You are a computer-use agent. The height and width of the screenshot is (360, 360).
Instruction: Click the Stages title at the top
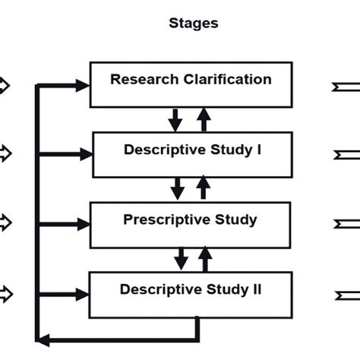193,24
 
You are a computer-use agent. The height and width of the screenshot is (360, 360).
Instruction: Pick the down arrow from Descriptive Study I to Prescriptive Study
178,188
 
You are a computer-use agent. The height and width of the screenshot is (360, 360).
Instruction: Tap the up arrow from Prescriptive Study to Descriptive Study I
204,188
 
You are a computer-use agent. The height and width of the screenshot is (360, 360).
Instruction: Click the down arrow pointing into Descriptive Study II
181,259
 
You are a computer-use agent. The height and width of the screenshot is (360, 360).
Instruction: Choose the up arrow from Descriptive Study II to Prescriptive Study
205,259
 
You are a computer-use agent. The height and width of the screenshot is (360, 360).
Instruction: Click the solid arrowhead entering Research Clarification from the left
82,87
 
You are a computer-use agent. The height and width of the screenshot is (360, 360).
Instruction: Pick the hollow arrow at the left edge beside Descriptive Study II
5,293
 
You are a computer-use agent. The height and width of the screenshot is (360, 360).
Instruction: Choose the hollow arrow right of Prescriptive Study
345,224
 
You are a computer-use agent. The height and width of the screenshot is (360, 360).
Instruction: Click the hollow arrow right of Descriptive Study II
345,293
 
